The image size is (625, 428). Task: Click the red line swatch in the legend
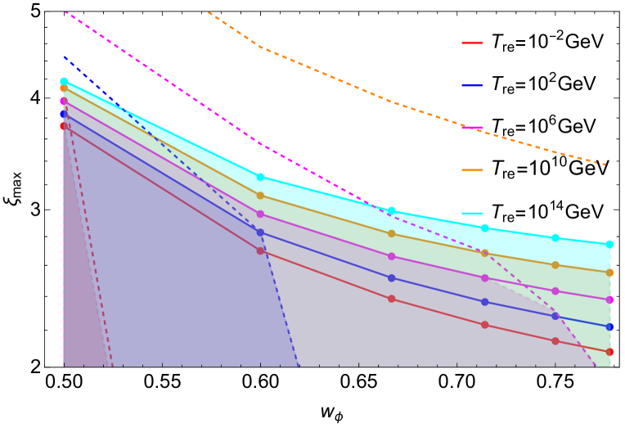click(x=472, y=43)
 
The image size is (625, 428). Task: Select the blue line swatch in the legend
click(x=472, y=85)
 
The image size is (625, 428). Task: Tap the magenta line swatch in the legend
click(x=472, y=128)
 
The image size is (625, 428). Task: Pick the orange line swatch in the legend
click(x=472, y=170)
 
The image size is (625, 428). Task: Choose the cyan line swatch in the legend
click(x=472, y=213)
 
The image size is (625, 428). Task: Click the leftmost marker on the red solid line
click(x=64, y=126)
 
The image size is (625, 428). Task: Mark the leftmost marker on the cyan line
click(x=64, y=82)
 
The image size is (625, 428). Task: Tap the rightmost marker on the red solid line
click(x=609, y=352)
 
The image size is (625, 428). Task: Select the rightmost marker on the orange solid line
click(x=609, y=273)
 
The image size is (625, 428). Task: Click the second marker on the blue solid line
click(x=260, y=232)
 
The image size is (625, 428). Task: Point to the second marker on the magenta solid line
click(x=260, y=214)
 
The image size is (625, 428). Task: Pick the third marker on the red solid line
click(x=391, y=299)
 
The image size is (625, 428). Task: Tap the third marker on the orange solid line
click(x=391, y=233)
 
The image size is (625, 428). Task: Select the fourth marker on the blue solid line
click(x=484, y=302)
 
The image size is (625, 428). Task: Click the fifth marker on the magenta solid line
click(x=555, y=291)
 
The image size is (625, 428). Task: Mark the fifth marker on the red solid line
click(x=555, y=340)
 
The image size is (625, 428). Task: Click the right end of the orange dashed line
click(x=605, y=164)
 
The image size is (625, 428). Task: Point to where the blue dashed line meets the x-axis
click(x=299, y=365)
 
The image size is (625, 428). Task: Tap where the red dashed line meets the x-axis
click(x=110, y=365)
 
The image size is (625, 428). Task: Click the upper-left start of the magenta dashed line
click(x=65, y=12)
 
